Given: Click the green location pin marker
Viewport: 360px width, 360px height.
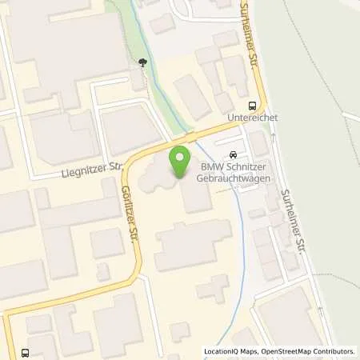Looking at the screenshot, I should (x=181, y=161).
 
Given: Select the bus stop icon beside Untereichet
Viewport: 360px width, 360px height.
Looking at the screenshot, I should (x=254, y=105).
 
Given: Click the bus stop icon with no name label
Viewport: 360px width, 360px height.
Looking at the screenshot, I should (x=26, y=353).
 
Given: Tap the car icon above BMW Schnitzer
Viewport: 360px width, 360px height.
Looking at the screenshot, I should (x=233, y=154).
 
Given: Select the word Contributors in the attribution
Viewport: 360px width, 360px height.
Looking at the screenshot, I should (x=334, y=351).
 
